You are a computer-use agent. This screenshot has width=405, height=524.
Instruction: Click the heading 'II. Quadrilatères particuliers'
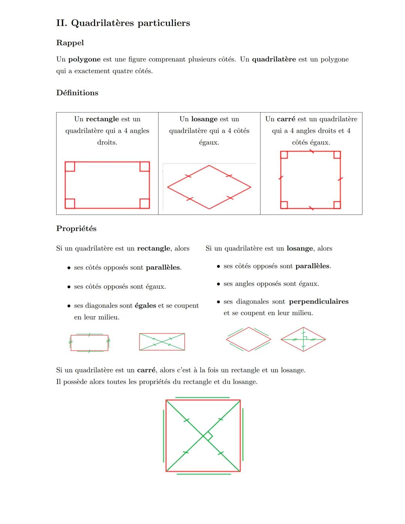click(123, 23)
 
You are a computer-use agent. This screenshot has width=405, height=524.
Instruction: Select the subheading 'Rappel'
click(70, 43)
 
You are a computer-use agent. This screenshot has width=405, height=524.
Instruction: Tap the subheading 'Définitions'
click(77, 93)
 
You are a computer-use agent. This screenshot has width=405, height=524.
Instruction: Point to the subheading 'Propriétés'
click(76, 228)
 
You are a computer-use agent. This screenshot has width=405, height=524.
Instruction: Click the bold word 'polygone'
click(84, 59)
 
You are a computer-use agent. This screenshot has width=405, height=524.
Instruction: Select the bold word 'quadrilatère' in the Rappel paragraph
click(274, 59)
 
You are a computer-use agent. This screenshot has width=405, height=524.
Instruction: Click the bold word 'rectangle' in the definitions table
click(102, 119)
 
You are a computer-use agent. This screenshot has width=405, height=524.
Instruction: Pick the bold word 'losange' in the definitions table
click(204, 119)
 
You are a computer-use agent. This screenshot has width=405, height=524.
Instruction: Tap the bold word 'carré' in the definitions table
click(286, 119)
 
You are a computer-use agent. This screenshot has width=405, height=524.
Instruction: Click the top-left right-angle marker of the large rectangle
click(70, 167)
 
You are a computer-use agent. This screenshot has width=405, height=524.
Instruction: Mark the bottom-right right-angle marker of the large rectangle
click(145, 203)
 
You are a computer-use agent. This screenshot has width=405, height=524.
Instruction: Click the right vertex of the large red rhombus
click(250, 187)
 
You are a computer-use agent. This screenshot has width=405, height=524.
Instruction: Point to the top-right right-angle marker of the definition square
click(337, 155)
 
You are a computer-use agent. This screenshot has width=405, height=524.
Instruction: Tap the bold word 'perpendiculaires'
click(319, 302)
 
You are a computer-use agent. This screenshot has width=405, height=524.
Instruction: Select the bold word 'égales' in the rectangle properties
click(145, 306)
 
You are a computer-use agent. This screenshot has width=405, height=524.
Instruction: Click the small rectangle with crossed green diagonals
click(162, 342)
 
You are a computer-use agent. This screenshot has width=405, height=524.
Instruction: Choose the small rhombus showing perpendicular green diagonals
click(303, 339)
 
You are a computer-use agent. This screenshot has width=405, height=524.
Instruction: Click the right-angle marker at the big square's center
click(208, 436)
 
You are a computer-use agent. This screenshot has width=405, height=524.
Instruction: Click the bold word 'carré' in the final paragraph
click(146, 370)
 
